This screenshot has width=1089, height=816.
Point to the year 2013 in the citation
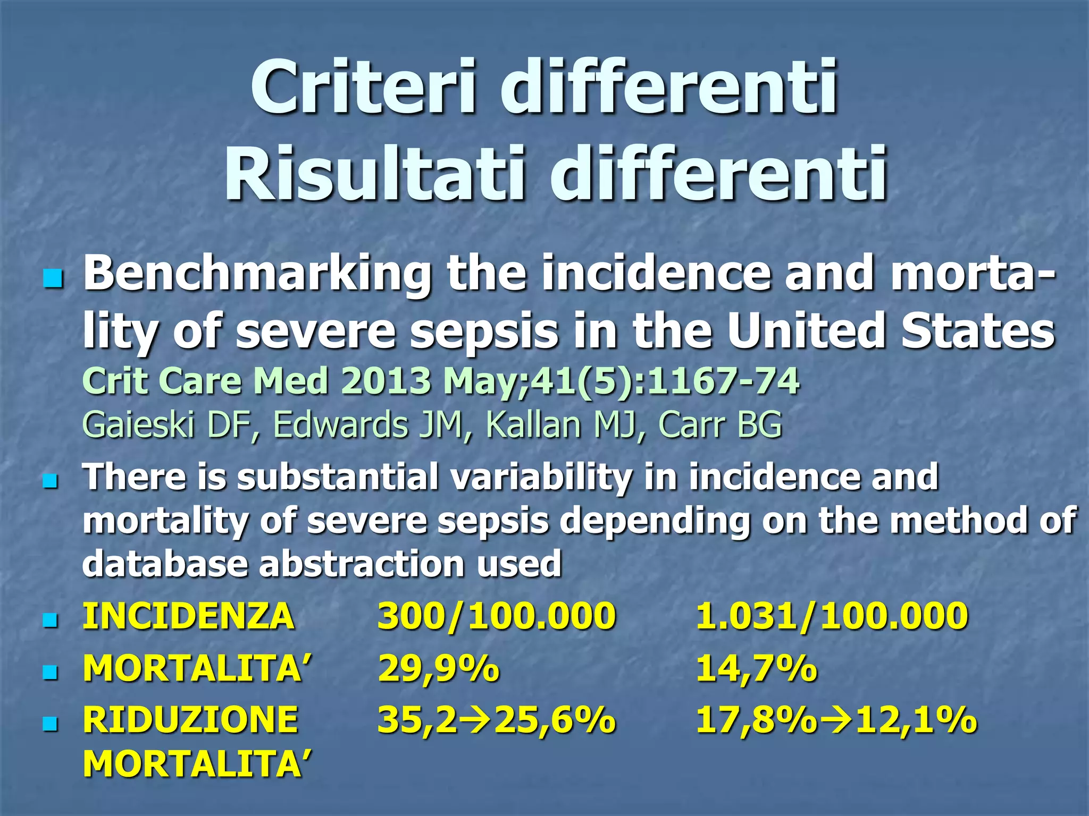click(x=386, y=381)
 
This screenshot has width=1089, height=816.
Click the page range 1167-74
click(x=723, y=381)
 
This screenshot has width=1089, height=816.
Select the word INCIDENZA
click(x=188, y=616)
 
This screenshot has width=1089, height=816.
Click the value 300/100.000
click(x=497, y=616)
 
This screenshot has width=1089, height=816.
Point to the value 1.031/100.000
click(x=832, y=616)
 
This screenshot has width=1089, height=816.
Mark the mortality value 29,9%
click(x=439, y=668)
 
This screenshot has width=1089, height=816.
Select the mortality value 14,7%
click(x=756, y=668)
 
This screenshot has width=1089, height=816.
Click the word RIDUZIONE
click(x=190, y=720)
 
